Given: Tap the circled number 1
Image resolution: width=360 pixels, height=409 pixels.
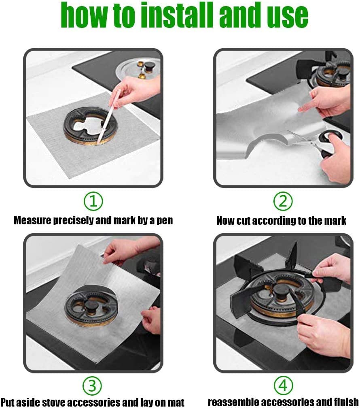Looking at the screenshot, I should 93,201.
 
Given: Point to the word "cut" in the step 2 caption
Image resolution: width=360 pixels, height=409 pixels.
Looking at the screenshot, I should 246,221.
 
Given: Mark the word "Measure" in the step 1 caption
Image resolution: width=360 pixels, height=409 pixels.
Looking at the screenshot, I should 32,221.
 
